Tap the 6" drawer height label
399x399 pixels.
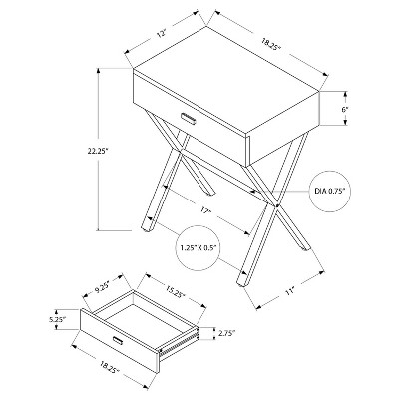click(x=345, y=111)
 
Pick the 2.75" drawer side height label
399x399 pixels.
click(x=227, y=336)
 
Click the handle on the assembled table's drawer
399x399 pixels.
click(x=188, y=118)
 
